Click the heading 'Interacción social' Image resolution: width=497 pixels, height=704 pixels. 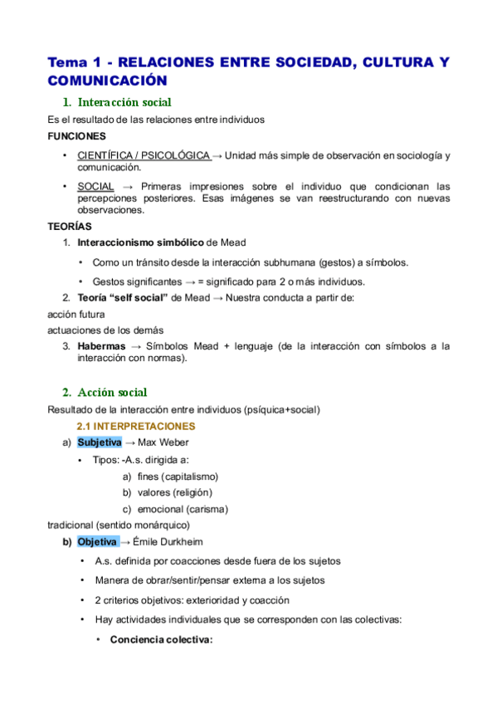click(124, 103)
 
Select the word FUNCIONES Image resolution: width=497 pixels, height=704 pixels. click(76, 136)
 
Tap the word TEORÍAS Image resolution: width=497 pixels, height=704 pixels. click(71, 226)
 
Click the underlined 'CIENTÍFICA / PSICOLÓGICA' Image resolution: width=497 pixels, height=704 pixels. click(143, 155)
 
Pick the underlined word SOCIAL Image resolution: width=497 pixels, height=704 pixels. click(95, 186)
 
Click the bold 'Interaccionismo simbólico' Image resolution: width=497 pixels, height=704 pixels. click(140, 242)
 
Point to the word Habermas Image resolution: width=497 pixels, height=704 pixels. click(101, 346)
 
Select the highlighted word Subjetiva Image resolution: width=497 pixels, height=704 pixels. click(100, 442)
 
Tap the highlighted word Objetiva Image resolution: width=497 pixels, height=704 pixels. click(97, 542)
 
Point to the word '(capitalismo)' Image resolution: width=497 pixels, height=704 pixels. click(190, 477)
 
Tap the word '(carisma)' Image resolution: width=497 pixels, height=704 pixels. click(207, 509)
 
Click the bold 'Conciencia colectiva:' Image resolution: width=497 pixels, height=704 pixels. click(162, 640)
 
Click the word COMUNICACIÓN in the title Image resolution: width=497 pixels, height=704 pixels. click(108, 81)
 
